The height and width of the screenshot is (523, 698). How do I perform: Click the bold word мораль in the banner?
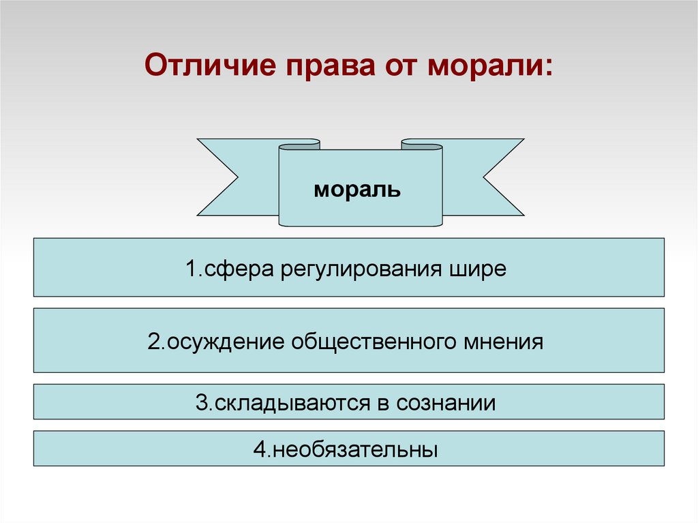[357, 190]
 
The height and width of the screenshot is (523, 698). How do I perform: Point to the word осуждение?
[224, 341]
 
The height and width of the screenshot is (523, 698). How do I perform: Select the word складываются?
[290, 403]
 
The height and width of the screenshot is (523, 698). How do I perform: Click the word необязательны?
[355, 450]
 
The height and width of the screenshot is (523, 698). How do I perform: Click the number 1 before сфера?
[190, 268]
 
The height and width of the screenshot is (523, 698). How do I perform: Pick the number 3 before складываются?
[201, 403]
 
